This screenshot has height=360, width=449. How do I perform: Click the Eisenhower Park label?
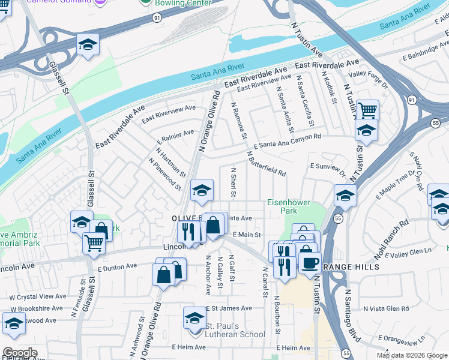pos(289,206)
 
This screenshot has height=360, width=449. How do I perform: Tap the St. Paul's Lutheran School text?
pos(235,331)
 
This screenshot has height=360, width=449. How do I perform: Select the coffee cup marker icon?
pos(310,262)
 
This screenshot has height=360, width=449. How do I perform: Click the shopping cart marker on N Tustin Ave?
pos(367,110)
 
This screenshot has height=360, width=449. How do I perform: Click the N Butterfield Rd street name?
pos(266,164)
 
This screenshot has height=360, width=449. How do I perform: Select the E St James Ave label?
pos(229,308)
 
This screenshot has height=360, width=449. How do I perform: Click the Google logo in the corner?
pos(20,352)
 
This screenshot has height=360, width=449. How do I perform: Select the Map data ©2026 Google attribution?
pos(411,355)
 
